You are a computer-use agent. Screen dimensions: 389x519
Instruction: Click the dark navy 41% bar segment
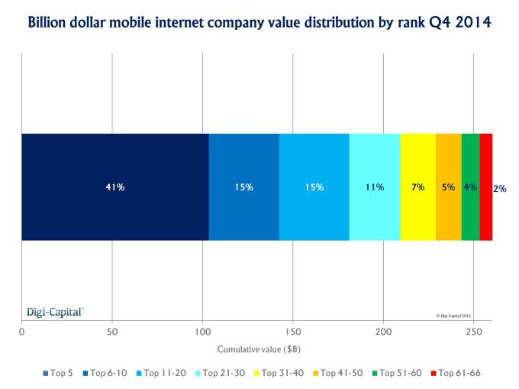(114, 187)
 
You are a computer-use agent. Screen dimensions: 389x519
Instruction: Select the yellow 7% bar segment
(417, 187)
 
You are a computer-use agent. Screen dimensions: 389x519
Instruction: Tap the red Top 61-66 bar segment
(485, 187)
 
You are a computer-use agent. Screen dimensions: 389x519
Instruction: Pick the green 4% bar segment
(471, 187)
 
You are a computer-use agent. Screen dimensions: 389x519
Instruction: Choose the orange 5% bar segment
(449, 187)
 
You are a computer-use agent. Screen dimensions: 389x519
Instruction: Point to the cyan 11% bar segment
(375, 187)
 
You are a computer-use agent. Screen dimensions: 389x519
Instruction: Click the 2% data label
(500, 188)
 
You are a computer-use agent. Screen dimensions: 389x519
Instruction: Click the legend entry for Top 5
(63, 373)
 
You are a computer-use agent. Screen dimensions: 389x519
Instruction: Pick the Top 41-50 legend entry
(337, 373)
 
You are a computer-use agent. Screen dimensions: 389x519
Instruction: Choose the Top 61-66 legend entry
(455, 373)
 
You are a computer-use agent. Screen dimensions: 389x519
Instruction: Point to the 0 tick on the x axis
(21, 332)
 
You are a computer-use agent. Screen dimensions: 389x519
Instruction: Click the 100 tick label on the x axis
(202, 332)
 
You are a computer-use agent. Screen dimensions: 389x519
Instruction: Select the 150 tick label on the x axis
(292, 332)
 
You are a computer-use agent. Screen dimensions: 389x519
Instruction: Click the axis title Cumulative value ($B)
(257, 349)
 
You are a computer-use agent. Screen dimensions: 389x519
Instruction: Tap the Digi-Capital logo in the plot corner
(55, 312)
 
